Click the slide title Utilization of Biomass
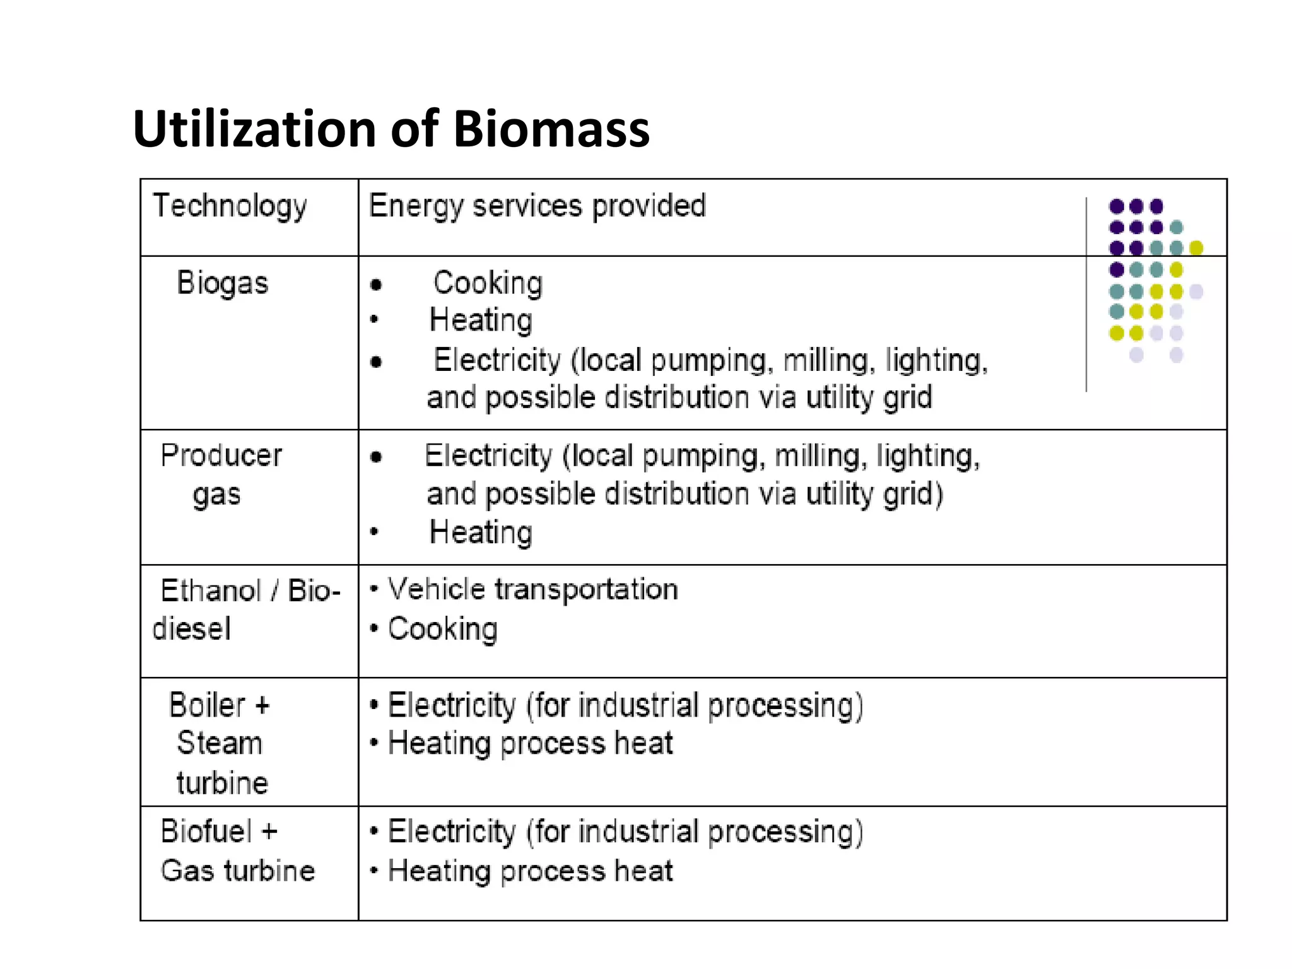click(x=391, y=129)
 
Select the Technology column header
click(x=230, y=206)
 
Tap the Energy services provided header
click(x=537, y=206)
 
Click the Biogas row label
click(x=222, y=283)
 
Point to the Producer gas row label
click(x=220, y=474)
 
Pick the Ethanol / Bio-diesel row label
click(x=246, y=609)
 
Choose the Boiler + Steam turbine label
click(x=220, y=743)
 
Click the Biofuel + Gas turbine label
click(x=237, y=850)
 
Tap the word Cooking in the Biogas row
click(x=488, y=283)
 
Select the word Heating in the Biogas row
click(x=481, y=320)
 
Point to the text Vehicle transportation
click(x=533, y=589)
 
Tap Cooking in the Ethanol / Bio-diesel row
click(x=442, y=629)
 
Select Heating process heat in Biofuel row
click(x=530, y=871)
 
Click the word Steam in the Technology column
click(x=220, y=743)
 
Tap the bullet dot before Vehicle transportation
click(x=374, y=589)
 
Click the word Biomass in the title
click(x=551, y=129)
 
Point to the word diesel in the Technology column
click(x=192, y=629)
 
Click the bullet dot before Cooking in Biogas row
click(x=377, y=285)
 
